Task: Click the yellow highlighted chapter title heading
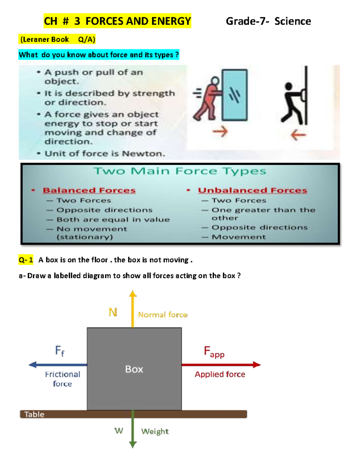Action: [x=117, y=21]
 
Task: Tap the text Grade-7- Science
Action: [x=268, y=21]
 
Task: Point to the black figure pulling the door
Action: [x=292, y=103]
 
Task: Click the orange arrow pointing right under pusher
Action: [x=220, y=132]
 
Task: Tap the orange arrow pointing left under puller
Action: [x=298, y=135]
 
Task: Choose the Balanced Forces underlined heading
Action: [x=89, y=190]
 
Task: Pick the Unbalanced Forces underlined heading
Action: [x=253, y=190]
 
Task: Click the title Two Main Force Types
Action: [x=180, y=171]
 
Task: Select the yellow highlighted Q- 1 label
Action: [x=26, y=260]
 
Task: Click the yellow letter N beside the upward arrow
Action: [x=113, y=312]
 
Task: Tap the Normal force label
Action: [x=163, y=315]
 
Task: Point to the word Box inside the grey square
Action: [x=134, y=369]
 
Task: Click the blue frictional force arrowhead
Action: [x=32, y=365]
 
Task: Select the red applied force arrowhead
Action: [x=257, y=365]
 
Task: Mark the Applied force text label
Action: [x=220, y=374]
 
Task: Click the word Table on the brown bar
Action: [x=34, y=414]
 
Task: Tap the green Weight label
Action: [x=155, y=431]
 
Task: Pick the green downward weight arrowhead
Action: [x=133, y=445]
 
